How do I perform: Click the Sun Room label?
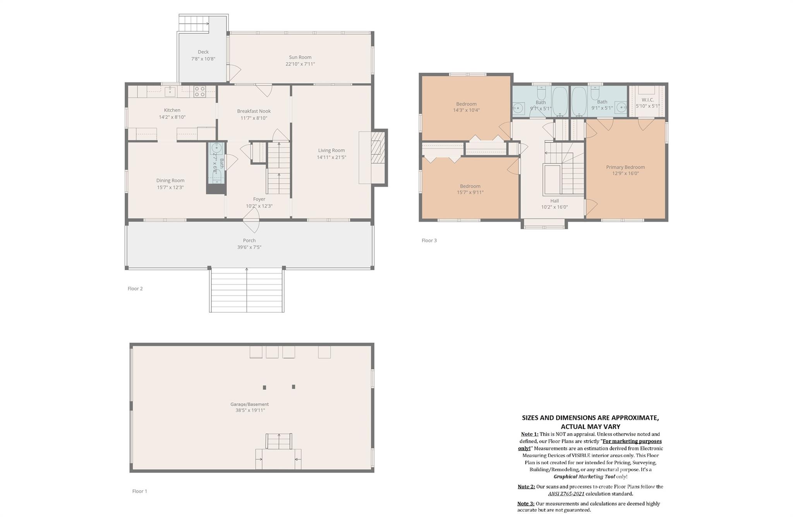(300, 57)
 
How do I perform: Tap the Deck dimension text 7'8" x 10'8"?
(203, 59)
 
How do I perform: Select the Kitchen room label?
(172, 110)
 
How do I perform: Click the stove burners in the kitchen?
(200, 92)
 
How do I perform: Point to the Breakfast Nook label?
(254, 111)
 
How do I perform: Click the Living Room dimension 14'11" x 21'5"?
(331, 157)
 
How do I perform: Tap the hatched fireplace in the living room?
(378, 147)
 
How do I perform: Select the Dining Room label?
(170, 180)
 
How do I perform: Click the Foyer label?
(259, 199)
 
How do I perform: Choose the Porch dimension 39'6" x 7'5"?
(249, 247)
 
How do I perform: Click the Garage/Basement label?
(249, 404)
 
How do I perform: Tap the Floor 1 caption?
(140, 491)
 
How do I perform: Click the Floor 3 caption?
(429, 241)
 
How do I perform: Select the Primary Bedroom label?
(625, 167)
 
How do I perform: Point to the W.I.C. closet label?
(648, 100)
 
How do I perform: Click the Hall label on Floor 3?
(554, 201)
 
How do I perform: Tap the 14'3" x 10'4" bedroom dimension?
(466, 110)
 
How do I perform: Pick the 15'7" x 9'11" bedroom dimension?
(470, 192)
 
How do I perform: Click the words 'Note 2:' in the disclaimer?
(526, 487)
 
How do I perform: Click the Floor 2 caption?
(135, 289)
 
